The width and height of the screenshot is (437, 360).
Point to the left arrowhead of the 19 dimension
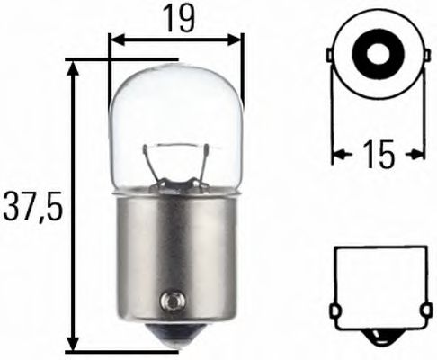click(115, 40)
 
